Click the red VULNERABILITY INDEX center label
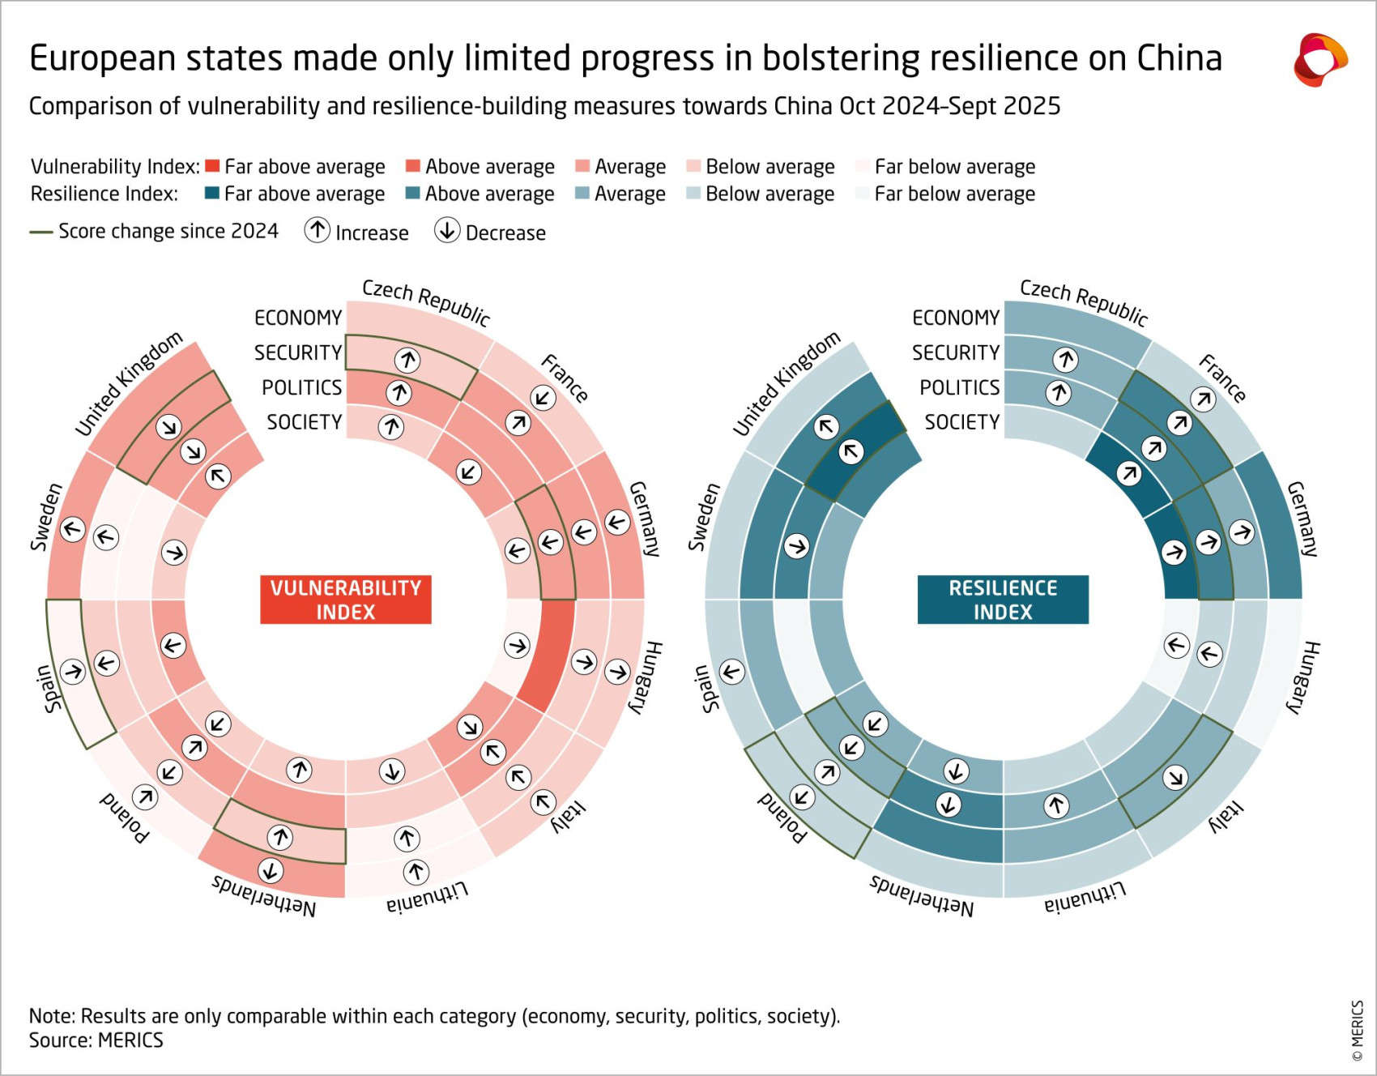point(345,600)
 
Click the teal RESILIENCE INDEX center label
point(1003,600)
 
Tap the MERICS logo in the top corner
point(1319,59)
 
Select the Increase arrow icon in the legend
point(318,231)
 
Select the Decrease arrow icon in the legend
point(447,231)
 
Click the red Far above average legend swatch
point(212,166)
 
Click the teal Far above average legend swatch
point(212,194)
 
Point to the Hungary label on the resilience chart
point(1304,677)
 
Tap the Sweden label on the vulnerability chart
point(46,517)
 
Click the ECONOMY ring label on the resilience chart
point(956,318)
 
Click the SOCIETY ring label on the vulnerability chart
point(305,422)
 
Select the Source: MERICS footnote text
point(96,1040)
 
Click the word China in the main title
point(1179,58)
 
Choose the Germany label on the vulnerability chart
point(645,519)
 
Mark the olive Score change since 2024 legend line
point(41,233)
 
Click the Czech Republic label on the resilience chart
point(1084,302)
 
